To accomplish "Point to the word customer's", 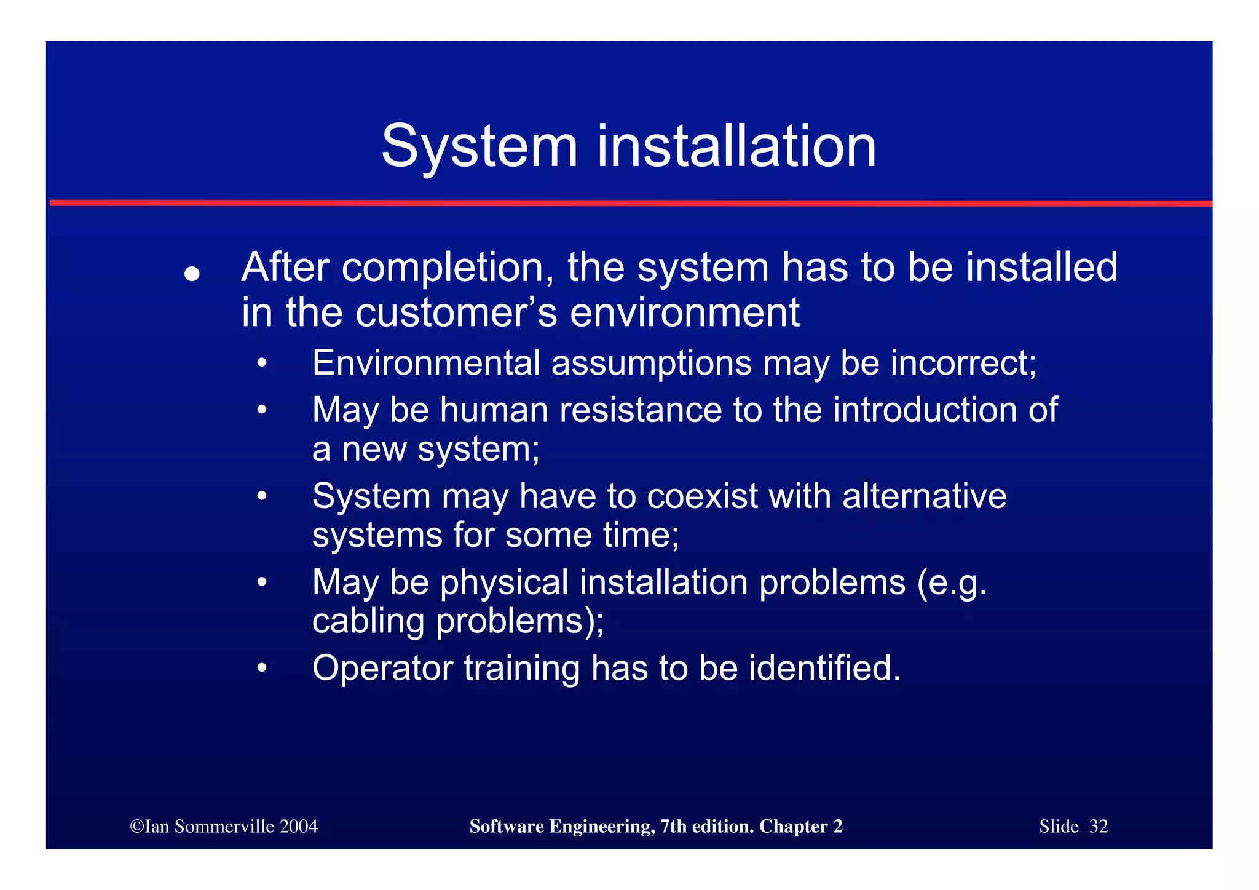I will (457, 312).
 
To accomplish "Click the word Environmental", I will (426, 362).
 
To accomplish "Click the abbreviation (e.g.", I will (952, 582).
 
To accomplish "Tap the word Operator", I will (382, 668).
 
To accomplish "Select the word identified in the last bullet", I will (824, 668).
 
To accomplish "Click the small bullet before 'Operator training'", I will (262, 669).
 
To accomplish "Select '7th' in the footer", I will (673, 826).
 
